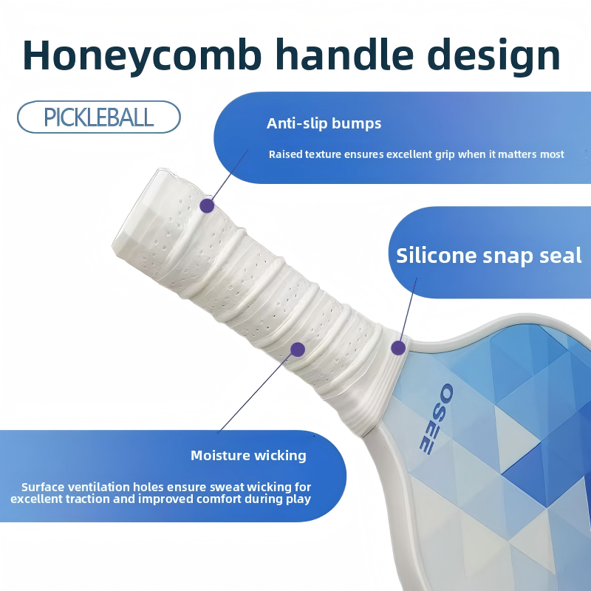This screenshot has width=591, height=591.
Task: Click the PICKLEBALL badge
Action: click(99, 117)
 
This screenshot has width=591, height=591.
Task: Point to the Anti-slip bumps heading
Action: click(324, 123)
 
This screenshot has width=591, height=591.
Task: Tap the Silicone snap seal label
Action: click(489, 256)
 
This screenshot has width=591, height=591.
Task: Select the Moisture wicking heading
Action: click(248, 456)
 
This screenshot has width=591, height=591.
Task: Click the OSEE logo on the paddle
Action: click(436, 419)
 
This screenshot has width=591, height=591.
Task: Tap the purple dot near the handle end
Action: click(207, 206)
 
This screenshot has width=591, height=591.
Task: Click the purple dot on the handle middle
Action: click(298, 349)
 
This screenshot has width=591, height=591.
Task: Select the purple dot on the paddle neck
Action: click(398, 347)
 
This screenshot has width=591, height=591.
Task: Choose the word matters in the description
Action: click(516, 154)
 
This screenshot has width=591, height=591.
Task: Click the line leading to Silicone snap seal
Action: click(409, 307)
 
